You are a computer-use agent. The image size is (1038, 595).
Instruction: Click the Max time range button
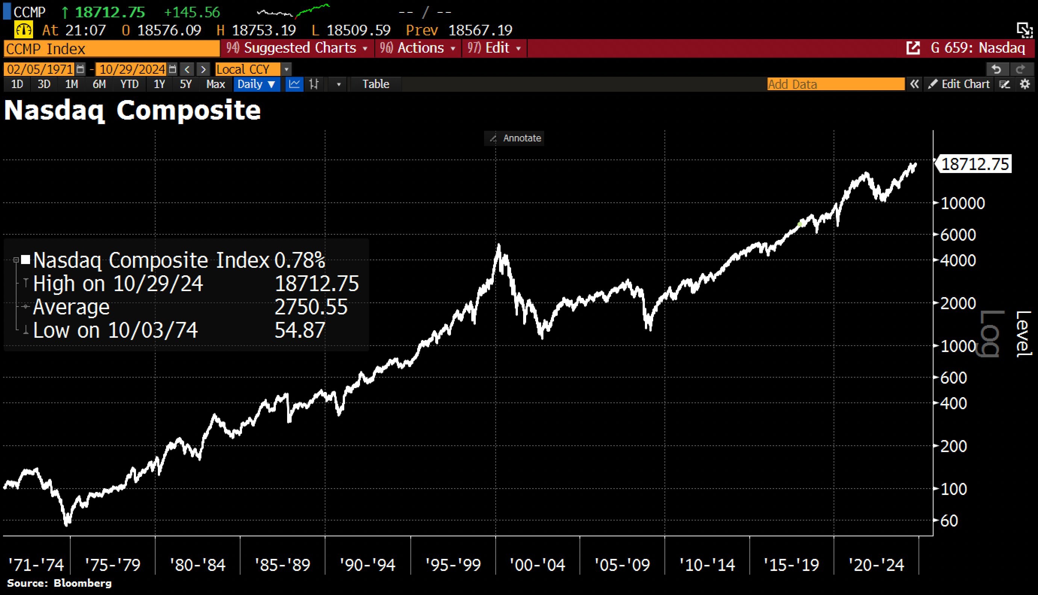[x=216, y=84]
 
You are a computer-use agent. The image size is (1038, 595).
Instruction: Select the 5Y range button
[x=186, y=84]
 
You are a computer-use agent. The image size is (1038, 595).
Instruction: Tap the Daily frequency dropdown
[x=256, y=84]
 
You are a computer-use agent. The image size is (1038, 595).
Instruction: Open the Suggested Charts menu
[x=297, y=48]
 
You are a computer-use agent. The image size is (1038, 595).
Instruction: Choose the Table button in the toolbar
[x=376, y=84]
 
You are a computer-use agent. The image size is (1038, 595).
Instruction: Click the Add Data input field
[x=835, y=84]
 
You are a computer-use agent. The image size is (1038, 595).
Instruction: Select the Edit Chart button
[x=959, y=84]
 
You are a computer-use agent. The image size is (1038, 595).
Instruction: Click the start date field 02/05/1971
[x=39, y=69]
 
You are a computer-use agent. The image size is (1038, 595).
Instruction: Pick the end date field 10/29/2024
[x=132, y=69]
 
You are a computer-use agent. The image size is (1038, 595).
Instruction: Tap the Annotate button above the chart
[x=514, y=138]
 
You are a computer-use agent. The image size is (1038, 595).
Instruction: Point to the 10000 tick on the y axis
[x=962, y=203]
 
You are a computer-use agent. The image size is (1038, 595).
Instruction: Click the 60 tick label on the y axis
[x=949, y=521]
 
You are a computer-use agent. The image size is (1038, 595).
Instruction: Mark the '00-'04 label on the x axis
[x=537, y=565]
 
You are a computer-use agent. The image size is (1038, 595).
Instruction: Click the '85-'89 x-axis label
[x=282, y=565]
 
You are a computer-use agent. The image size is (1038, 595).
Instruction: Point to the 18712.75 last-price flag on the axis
[x=974, y=164]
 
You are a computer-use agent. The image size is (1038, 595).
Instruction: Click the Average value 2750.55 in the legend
[x=311, y=307]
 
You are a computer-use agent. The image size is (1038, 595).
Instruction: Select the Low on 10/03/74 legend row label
[x=115, y=330]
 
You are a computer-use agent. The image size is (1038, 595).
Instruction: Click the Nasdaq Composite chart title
[x=132, y=110]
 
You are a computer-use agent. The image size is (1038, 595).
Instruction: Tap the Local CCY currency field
[x=247, y=69]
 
